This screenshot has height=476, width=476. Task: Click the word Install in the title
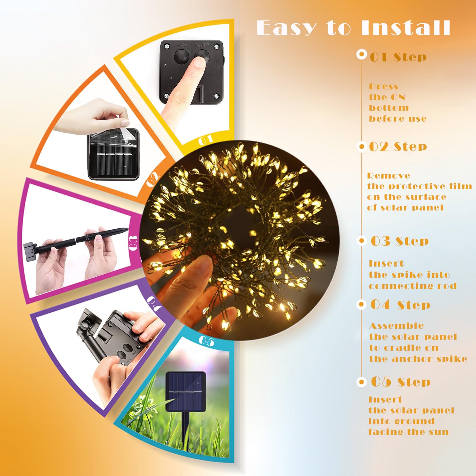tap(406, 28)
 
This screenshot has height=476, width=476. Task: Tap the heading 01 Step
tap(398, 57)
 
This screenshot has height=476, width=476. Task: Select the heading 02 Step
tap(398, 146)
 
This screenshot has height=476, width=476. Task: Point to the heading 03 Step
tap(400, 241)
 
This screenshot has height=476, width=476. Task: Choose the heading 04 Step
tap(400, 305)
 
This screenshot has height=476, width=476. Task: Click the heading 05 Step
tap(401, 382)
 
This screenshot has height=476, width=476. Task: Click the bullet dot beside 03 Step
tap(361, 241)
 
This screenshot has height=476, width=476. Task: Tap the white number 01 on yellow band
tap(206, 140)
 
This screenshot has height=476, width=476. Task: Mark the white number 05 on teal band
tap(206, 341)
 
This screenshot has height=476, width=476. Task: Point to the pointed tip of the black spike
tap(128, 228)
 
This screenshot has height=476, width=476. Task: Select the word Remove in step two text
tap(388, 176)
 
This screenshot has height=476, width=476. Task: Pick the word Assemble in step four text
tap(396, 326)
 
